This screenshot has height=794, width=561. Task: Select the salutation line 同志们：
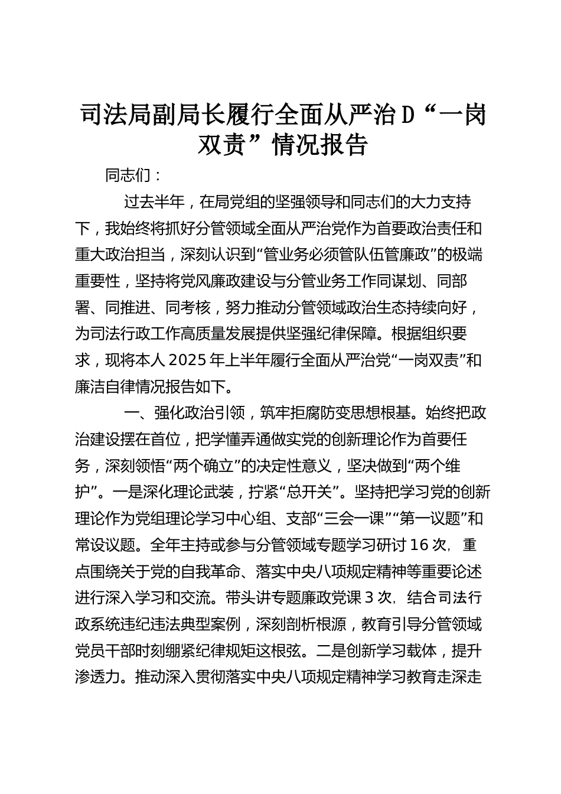(x=133, y=176)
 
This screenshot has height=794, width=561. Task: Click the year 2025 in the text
(x=189, y=360)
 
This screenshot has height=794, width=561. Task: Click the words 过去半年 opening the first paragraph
(x=154, y=202)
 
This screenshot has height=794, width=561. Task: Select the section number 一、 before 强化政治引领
(x=136, y=413)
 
